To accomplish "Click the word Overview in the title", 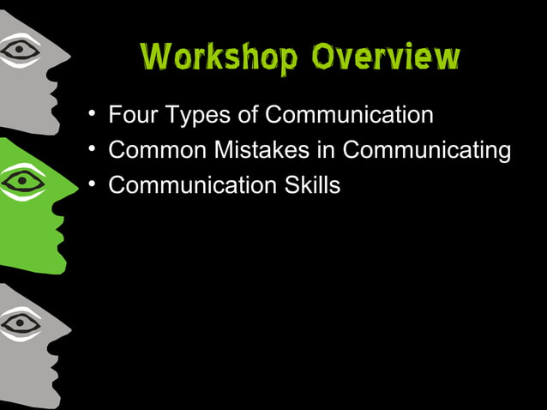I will [x=387, y=57].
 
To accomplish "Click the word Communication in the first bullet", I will [x=349, y=115].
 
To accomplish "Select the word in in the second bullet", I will [x=328, y=150].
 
